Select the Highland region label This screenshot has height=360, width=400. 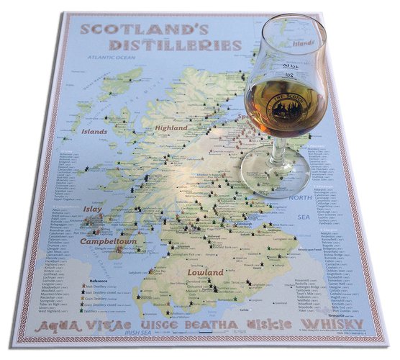pos(171,128)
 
